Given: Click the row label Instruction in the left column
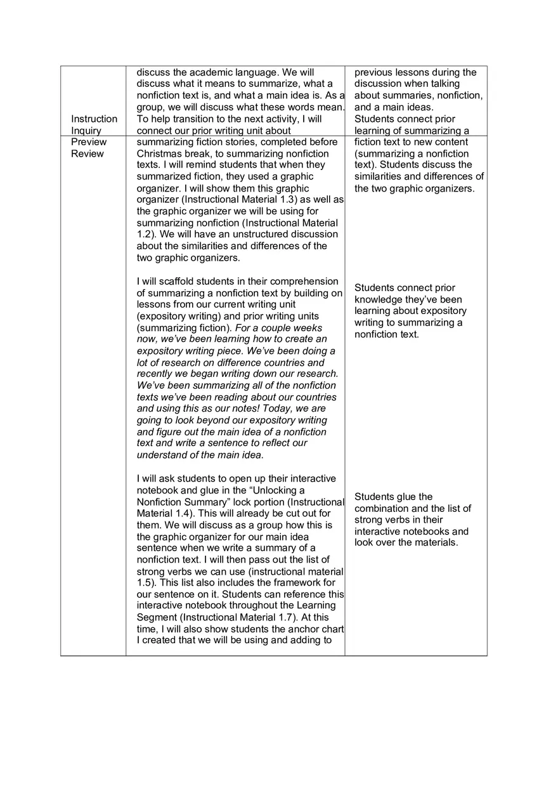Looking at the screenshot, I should click(x=94, y=119).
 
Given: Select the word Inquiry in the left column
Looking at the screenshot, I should click(x=86, y=131).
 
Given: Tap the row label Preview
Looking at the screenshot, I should click(x=89, y=142).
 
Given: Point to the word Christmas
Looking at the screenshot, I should click(x=159, y=154).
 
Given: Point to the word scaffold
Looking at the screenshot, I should click(x=168, y=282).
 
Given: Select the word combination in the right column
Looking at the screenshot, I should click(x=383, y=509).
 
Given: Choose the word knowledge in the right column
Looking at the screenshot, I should click(x=377, y=299).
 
